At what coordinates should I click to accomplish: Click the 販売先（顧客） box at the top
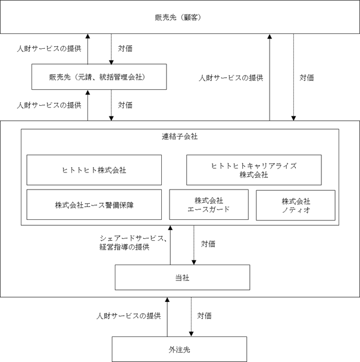(x=180, y=17)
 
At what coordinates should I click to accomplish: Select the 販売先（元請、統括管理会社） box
(x=99, y=77)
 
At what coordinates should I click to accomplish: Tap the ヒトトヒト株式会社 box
(x=94, y=170)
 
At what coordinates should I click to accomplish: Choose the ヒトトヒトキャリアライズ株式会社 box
(x=254, y=170)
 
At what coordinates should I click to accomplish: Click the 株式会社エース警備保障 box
(x=94, y=204)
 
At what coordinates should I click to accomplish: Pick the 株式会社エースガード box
(x=209, y=204)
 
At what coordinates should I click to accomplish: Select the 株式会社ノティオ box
(x=296, y=205)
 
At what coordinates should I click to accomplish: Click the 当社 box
(x=182, y=277)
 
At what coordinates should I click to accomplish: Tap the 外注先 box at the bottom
(x=179, y=349)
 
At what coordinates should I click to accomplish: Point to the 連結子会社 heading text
(x=180, y=137)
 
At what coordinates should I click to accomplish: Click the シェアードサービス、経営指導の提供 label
(x=133, y=243)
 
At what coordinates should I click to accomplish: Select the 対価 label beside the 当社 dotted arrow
(x=208, y=244)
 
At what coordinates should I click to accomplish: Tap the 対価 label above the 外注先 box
(x=204, y=316)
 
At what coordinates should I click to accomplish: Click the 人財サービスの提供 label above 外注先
(x=129, y=316)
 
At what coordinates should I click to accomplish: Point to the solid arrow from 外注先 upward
(x=167, y=317)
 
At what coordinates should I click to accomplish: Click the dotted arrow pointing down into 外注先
(x=191, y=317)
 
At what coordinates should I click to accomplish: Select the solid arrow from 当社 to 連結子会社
(x=170, y=245)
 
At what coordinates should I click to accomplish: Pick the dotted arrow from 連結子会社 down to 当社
(x=194, y=245)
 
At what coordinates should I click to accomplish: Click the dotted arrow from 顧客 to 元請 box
(x=111, y=49)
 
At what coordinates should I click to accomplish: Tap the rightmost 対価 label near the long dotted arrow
(x=306, y=77)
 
